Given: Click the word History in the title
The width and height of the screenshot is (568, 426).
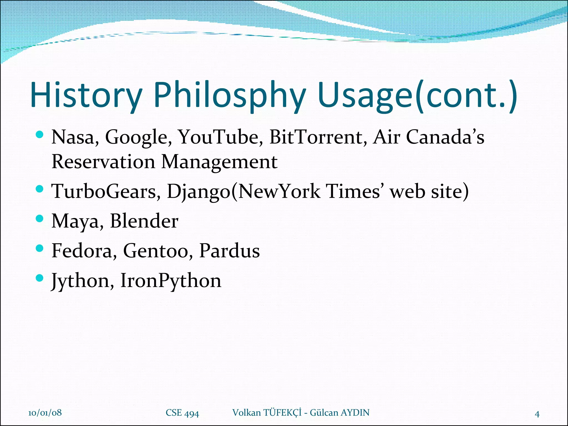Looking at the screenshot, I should point(86,95).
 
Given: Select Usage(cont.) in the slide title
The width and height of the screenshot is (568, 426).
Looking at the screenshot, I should point(417,95).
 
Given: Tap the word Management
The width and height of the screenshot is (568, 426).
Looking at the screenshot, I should point(219,162).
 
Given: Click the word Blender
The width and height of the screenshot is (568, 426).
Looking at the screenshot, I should point(144,221).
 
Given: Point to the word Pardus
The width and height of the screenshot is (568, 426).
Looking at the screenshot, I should point(229,251).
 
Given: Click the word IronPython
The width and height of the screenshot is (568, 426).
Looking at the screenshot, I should point(171,281).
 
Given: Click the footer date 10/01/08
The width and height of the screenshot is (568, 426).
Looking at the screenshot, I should point(45,413).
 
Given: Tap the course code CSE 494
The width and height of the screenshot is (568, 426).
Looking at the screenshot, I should point(182,413).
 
